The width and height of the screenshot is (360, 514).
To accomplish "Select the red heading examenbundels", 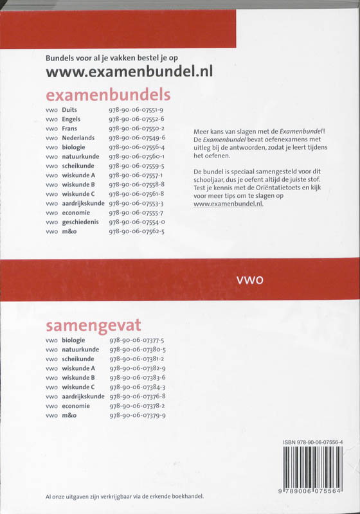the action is (x=109, y=95).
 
